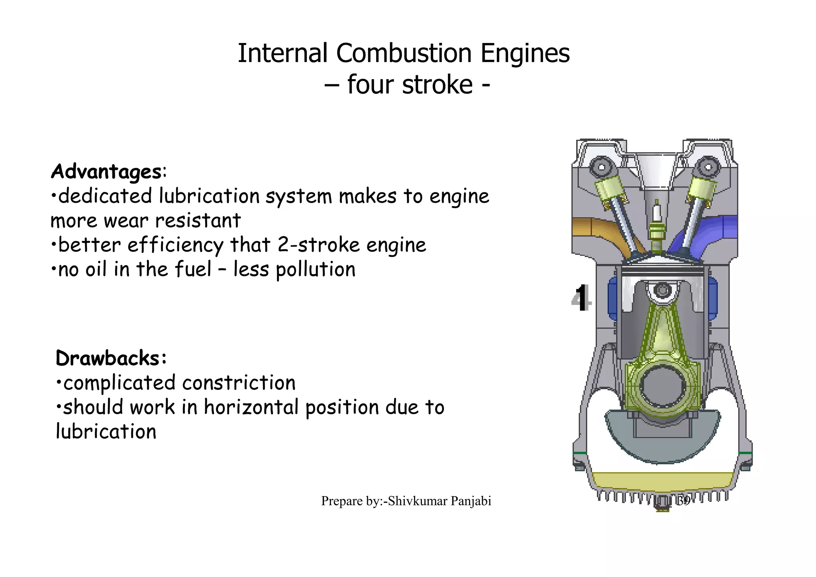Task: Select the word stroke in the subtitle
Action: pos(437,85)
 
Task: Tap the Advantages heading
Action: pos(106,172)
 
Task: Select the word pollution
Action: pos(315,270)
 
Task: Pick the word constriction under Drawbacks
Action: pos(239,383)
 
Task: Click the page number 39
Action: pos(683,501)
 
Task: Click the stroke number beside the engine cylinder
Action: pos(581,298)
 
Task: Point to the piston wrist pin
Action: pos(663,290)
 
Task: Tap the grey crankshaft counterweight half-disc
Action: pos(662,442)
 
